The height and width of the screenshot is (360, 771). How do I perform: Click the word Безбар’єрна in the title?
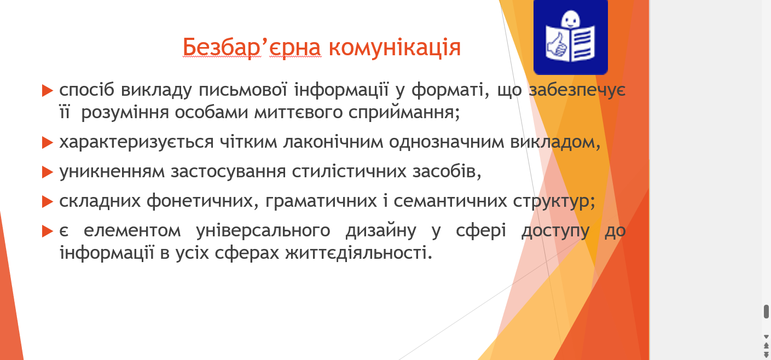(252, 47)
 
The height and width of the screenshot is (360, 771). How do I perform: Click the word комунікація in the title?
(395, 47)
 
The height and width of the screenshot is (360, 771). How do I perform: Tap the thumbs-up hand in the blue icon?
(556, 45)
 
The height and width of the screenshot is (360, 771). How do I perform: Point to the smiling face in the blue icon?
(570, 19)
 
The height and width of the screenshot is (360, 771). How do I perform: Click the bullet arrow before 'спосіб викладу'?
(48, 91)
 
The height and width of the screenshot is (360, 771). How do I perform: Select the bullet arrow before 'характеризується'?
(48, 142)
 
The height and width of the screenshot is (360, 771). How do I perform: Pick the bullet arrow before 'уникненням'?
(48, 172)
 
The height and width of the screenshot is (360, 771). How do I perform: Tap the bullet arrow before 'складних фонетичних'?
(48, 202)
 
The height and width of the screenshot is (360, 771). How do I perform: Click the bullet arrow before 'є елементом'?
(48, 231)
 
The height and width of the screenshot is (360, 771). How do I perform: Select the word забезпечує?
(577, 90)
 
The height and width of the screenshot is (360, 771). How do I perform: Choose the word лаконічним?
(333, 142)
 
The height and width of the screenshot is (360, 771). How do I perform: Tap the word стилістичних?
(349, 171)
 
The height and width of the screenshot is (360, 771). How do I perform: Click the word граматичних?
(321, 201)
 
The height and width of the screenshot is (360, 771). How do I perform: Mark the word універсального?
(263, 230)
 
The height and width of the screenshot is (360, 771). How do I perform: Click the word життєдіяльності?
(358, 253)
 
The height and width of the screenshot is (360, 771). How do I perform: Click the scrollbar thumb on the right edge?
(766, 311)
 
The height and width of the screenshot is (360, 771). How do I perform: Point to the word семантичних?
(450, 201)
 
